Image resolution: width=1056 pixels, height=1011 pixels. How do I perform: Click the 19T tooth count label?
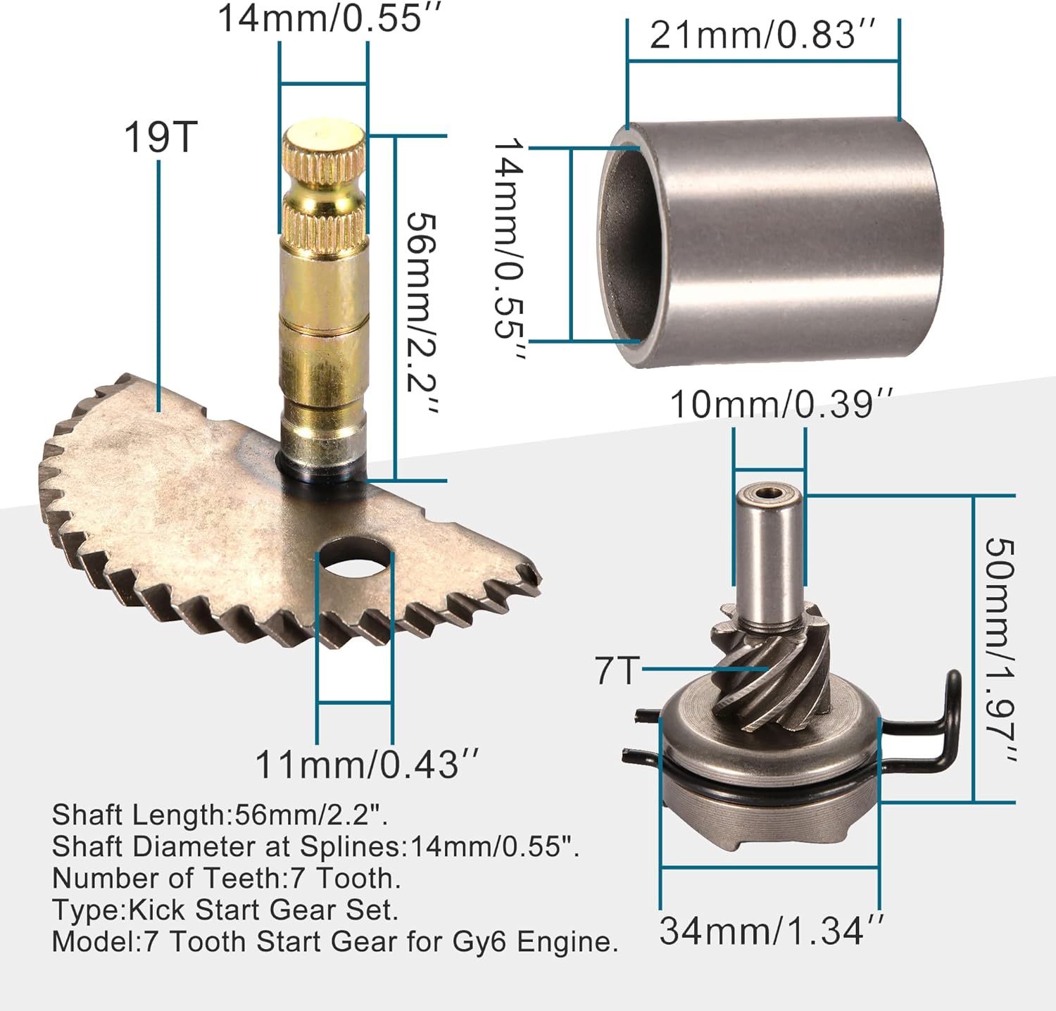(161, 137)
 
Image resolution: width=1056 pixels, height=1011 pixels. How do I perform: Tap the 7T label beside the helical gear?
(617, 670)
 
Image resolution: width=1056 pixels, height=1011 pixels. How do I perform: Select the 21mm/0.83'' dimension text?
(762, 35)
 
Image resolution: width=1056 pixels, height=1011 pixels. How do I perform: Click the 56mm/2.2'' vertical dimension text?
(421, 313)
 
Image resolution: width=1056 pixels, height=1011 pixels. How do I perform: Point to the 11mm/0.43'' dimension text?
(366, 765)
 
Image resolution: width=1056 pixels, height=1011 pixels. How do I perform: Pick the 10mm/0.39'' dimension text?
(780, 405)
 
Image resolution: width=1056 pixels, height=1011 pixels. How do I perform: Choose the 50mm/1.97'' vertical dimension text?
(1000, 651)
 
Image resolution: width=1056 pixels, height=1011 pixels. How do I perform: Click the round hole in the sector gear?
(354, 557)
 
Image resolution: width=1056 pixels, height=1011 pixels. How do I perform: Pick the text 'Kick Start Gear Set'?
(263, 910)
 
